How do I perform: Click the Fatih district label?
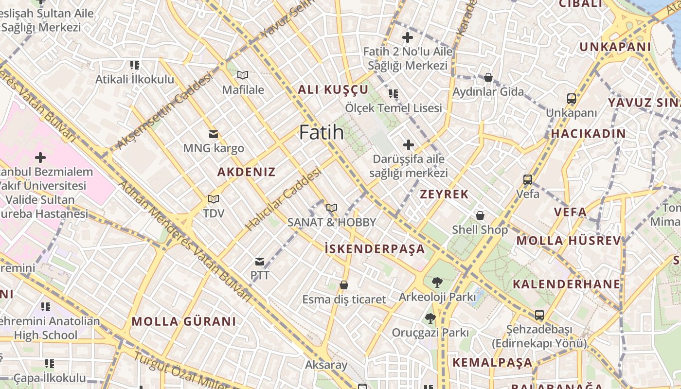pos(321,132)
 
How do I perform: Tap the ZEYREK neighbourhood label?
pos(444,194)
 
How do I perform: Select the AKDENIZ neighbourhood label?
pos(246,172)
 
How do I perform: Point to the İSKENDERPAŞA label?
pos(375,249)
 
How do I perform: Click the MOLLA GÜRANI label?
pos(184,321)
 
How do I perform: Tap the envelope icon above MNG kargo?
pos(213,134)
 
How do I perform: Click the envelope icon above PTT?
pos(260,262)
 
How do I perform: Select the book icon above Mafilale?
pos(242,75)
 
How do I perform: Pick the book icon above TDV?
pos(213,199)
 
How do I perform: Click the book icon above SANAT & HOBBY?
pos(332,208)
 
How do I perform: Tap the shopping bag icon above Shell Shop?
pos(480,215)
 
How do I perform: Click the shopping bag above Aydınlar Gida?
pos(488,77)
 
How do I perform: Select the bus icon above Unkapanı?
pos(572,99)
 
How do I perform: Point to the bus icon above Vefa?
pos(528,180)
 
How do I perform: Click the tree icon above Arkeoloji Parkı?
pos(437,283)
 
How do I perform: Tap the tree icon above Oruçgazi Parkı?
pos(430,318)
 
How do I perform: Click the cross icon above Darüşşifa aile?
pos(409,144)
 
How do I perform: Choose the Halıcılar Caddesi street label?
pos(284,199)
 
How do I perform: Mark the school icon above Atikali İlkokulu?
pos(135,65)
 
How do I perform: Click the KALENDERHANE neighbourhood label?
pos(567,284)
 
